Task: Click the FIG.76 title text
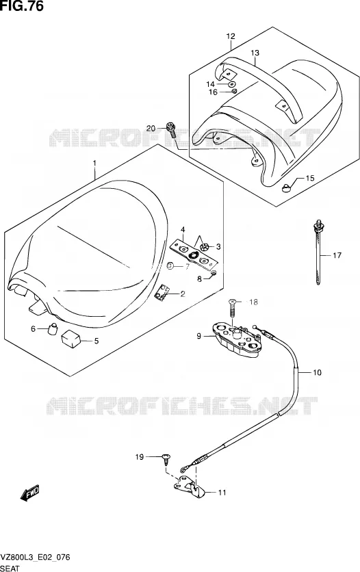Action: pos(22,6)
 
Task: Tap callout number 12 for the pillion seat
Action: pos(231,36)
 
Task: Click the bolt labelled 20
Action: pos(170,131)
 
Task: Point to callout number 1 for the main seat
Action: pos(94,163)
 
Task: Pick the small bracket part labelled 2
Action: pos(162,293)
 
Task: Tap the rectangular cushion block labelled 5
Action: pos(71,338)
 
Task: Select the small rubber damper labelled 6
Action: pos(53,328)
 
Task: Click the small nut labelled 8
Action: pos(214,273)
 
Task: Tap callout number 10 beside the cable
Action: pos(317,372)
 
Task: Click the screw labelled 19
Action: pos(166,459)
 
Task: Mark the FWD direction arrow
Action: pos(30,493)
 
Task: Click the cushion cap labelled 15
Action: pos(287,188)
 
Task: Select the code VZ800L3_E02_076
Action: pos(36,558)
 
